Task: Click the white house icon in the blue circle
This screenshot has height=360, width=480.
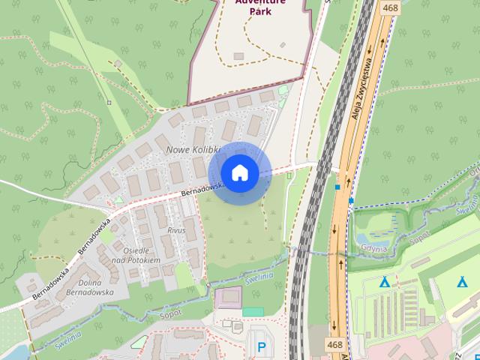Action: click(239, 172)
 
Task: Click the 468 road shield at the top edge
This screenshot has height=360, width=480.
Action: click(389, 7)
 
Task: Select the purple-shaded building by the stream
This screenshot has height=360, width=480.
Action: click(228, 298)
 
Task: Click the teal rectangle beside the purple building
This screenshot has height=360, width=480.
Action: click(253, 310)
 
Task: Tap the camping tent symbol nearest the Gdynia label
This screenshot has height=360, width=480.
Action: click(385, 282)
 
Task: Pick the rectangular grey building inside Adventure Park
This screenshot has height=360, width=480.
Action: click(238, 55)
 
